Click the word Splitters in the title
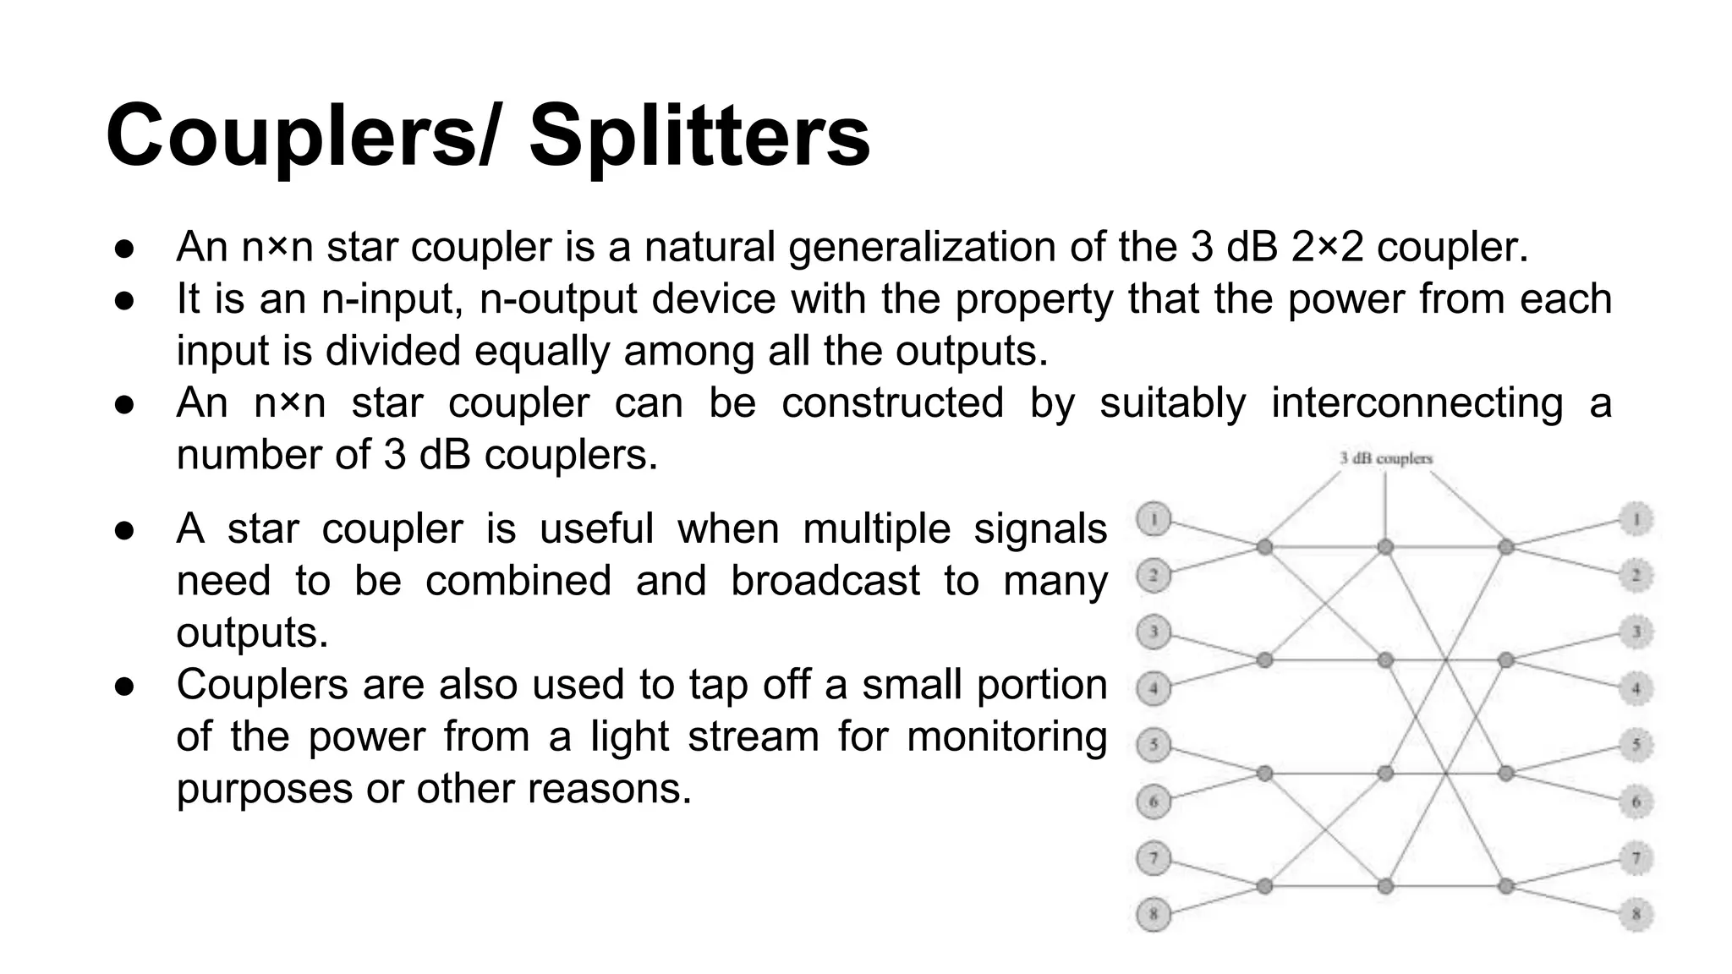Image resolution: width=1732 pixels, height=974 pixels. tap(699, 136)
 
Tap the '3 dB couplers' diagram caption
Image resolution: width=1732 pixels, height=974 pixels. tap(1386, 458)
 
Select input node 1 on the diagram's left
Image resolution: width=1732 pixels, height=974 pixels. tap(1154, 519)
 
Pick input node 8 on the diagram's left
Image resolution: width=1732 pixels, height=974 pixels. tap(1154, 914)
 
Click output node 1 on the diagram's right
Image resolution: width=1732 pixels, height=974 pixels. tap(1636, 519)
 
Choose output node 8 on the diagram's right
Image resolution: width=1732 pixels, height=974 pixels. tap(1636, 914)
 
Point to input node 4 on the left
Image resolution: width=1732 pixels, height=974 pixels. tap(1154, 688)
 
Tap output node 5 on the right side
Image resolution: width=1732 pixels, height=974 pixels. tap(1636, 745)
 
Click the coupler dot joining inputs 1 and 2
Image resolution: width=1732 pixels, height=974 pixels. tap(1264, 547)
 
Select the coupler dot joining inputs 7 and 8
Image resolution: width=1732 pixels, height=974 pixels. tap(1264, 886)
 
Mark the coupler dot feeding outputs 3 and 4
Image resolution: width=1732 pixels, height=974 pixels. tap(1505, 659)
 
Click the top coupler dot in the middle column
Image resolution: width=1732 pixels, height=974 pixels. tap(1385, 547)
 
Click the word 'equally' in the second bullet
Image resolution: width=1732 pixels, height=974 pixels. tap(541, 351)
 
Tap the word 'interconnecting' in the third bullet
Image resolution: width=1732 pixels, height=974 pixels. tap(1417, 402)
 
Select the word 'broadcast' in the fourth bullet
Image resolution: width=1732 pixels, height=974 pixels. tap(825, 581)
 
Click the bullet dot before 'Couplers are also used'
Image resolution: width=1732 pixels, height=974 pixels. tap(124, 685)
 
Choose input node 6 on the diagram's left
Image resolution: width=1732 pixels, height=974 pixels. tap(1154, 802)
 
